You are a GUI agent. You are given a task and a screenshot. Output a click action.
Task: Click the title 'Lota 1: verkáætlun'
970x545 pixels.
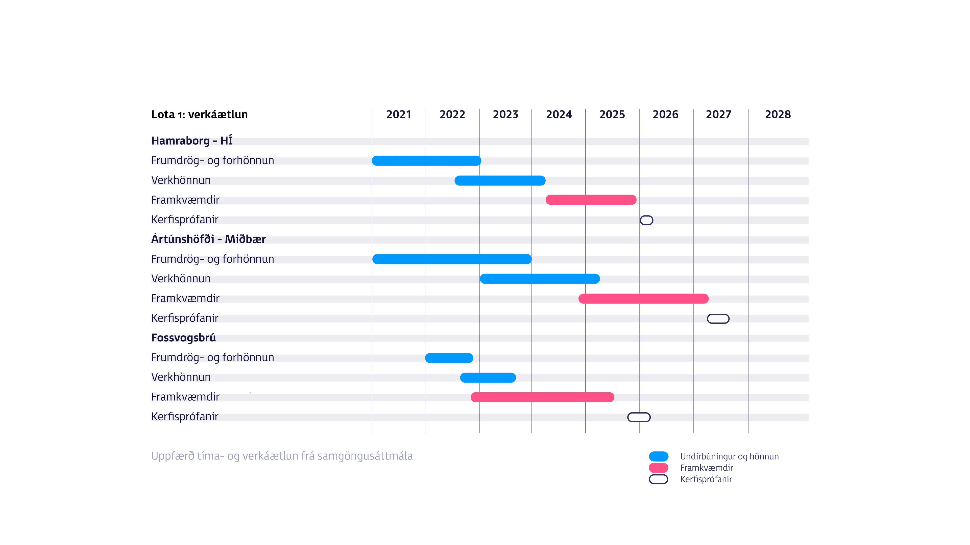click(x=200, y=114)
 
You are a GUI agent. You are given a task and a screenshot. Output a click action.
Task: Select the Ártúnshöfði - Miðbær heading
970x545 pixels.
click(x=208, y=239)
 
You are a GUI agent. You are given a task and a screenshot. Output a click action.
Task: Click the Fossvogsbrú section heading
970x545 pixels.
click(x=183, y=338)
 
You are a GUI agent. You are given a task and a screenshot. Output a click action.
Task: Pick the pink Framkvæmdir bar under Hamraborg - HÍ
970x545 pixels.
click(x=591, y=200)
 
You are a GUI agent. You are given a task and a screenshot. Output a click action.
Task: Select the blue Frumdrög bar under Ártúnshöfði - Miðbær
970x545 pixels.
click(x=452, y=259)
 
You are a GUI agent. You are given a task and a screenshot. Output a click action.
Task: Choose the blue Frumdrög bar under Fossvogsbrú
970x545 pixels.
click(x=449, y=358)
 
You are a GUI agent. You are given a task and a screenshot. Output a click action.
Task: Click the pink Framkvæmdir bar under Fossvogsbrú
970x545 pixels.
click(x=542, y=397)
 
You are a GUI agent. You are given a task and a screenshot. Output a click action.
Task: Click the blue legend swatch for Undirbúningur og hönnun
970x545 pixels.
click(x=659, y=456)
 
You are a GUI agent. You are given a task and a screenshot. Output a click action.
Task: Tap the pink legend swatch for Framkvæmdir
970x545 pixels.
click(x=659, y=468)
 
